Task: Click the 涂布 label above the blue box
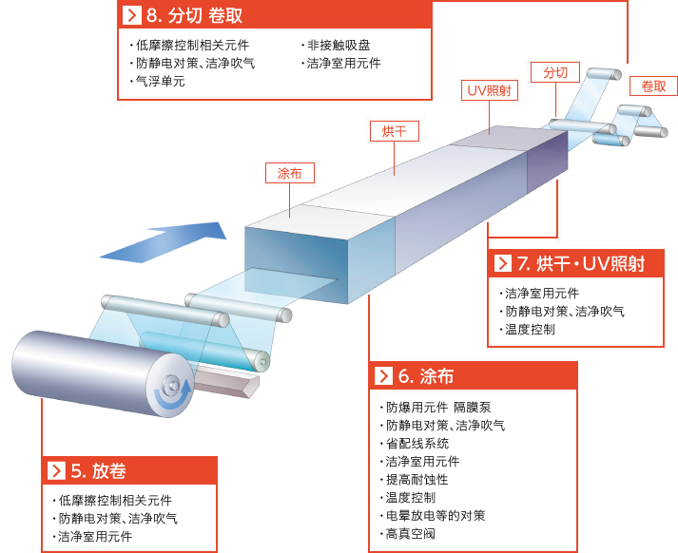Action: coord(290,173)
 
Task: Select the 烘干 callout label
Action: coord(395,131)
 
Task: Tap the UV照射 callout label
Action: coord(490,90)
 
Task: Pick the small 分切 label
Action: coord(555,72)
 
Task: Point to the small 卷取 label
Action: coord(653,86)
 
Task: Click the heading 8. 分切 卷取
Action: coord(194,15)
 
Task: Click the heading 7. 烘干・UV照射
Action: coord(581,263)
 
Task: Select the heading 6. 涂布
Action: coord(425,376)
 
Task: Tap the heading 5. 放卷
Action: coord(98,470)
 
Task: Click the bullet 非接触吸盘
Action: coord(339,45)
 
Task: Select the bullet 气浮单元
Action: coord(161,81)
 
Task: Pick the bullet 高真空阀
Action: coord(410,534)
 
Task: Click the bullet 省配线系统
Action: coord(416,444)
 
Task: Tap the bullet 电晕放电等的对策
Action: coord(435,515)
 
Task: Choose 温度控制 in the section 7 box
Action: coord(530,330)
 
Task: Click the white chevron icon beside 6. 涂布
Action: coord(383,376)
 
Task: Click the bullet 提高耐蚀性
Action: coord(416,480)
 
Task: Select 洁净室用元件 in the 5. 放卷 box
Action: coord(95,537)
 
